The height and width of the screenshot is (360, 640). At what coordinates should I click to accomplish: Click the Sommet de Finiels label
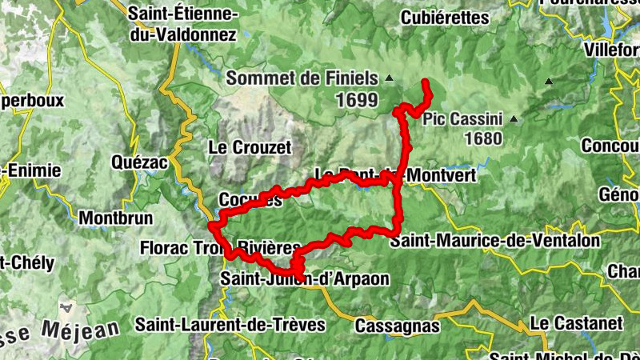tap(302, 78)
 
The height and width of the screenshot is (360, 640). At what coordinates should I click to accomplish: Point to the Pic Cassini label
tap(462, 119)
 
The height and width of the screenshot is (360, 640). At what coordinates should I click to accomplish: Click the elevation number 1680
tap(482, 138)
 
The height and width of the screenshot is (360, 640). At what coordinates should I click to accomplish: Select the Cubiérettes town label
tap(444, 16)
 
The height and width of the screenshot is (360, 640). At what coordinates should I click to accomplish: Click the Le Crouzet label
tap(250, 147)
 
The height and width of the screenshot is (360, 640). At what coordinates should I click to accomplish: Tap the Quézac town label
tap(140, 162)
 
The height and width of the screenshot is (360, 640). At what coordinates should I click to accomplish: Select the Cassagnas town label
tap(397, 326)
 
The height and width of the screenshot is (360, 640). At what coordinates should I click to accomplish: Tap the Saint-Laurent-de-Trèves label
tap(230, 324)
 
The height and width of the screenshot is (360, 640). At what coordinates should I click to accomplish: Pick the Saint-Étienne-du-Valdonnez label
tap(183, 25)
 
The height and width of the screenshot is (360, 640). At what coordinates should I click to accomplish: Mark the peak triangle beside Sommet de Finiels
tap(390, 78)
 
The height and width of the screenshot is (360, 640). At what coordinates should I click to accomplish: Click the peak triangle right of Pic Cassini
tap(514, 120)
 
